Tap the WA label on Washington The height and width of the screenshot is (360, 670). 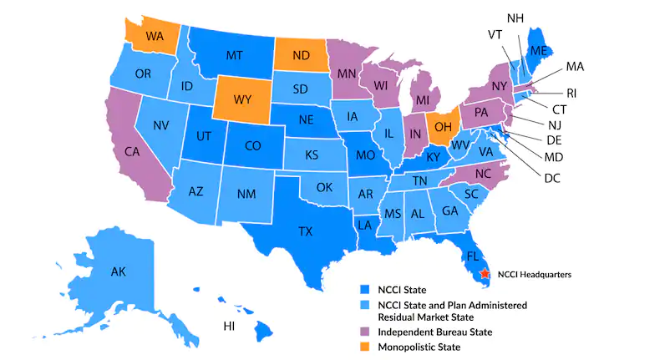pyautogui.click(x=155, y=38)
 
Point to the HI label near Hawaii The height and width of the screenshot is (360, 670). pyautogui.click(x=228, y=326)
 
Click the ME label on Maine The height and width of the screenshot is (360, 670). pyautogui.click(x=539, y=50)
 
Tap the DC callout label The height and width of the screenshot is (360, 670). pyautogui.click(x=551, y=178)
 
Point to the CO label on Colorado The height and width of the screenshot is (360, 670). pyautogui.click(x=253, y=145)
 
